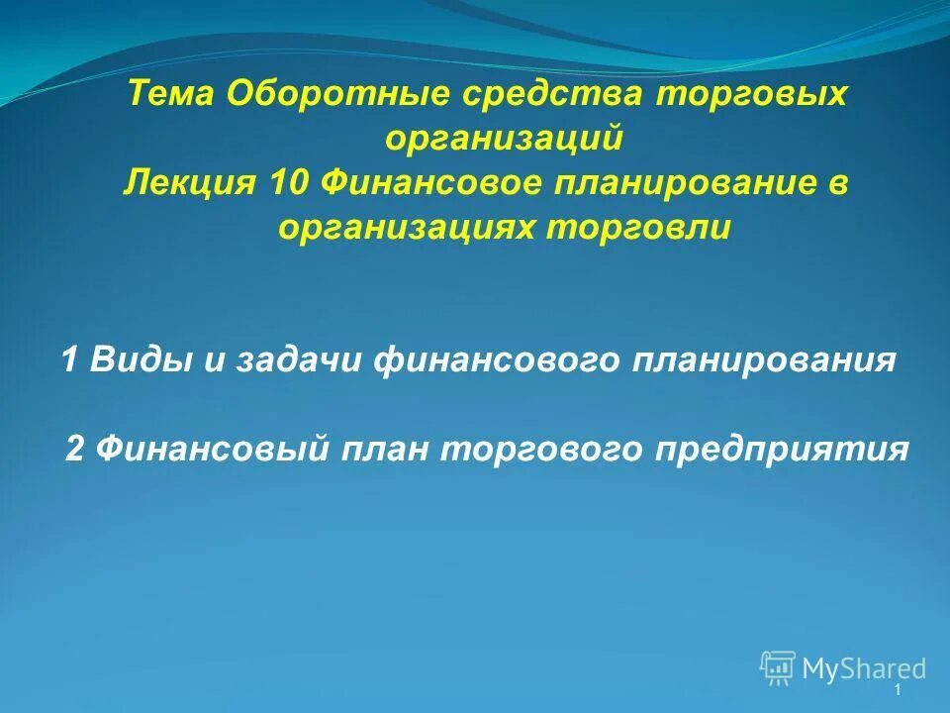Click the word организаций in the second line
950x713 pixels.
click(x=504, y=139)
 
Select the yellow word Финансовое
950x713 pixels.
click(x=441, y=184)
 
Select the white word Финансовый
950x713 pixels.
click(x=210, y=449)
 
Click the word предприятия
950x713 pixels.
click(x=780, y=449)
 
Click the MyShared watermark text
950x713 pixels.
click(x=864, y=669)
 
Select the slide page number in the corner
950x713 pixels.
click(x=897, y=690)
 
